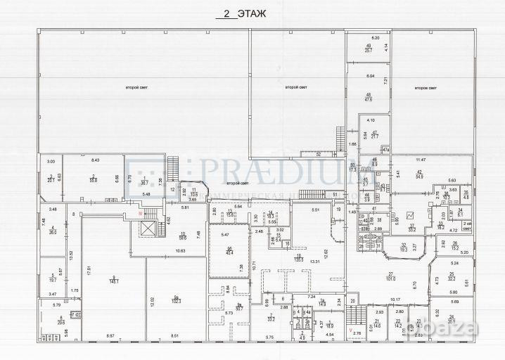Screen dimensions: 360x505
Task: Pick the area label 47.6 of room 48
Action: click(x=368, y=99)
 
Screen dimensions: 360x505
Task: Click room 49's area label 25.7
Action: click(x=368, y=51)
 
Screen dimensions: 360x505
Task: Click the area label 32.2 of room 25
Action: click(x=453, y=278)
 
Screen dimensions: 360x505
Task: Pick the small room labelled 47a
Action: click(x=385, y=149)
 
